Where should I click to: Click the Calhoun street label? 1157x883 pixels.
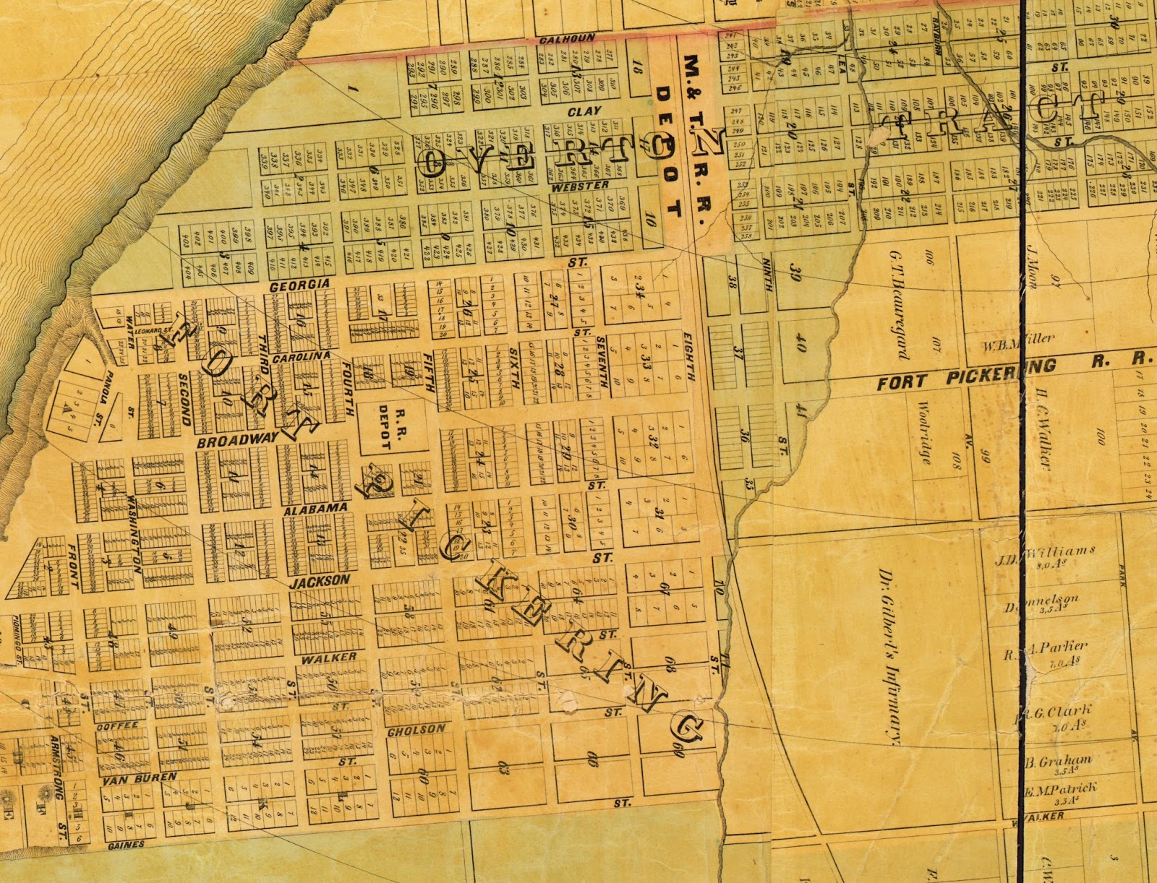(568, 39)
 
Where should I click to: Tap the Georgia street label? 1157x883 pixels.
(299, 285)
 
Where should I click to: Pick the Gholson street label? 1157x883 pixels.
(417, 730)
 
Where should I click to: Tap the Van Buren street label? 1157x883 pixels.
(140, 778)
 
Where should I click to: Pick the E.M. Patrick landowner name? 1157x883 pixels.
(1060, 788)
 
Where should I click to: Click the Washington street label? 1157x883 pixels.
(133, 533)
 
